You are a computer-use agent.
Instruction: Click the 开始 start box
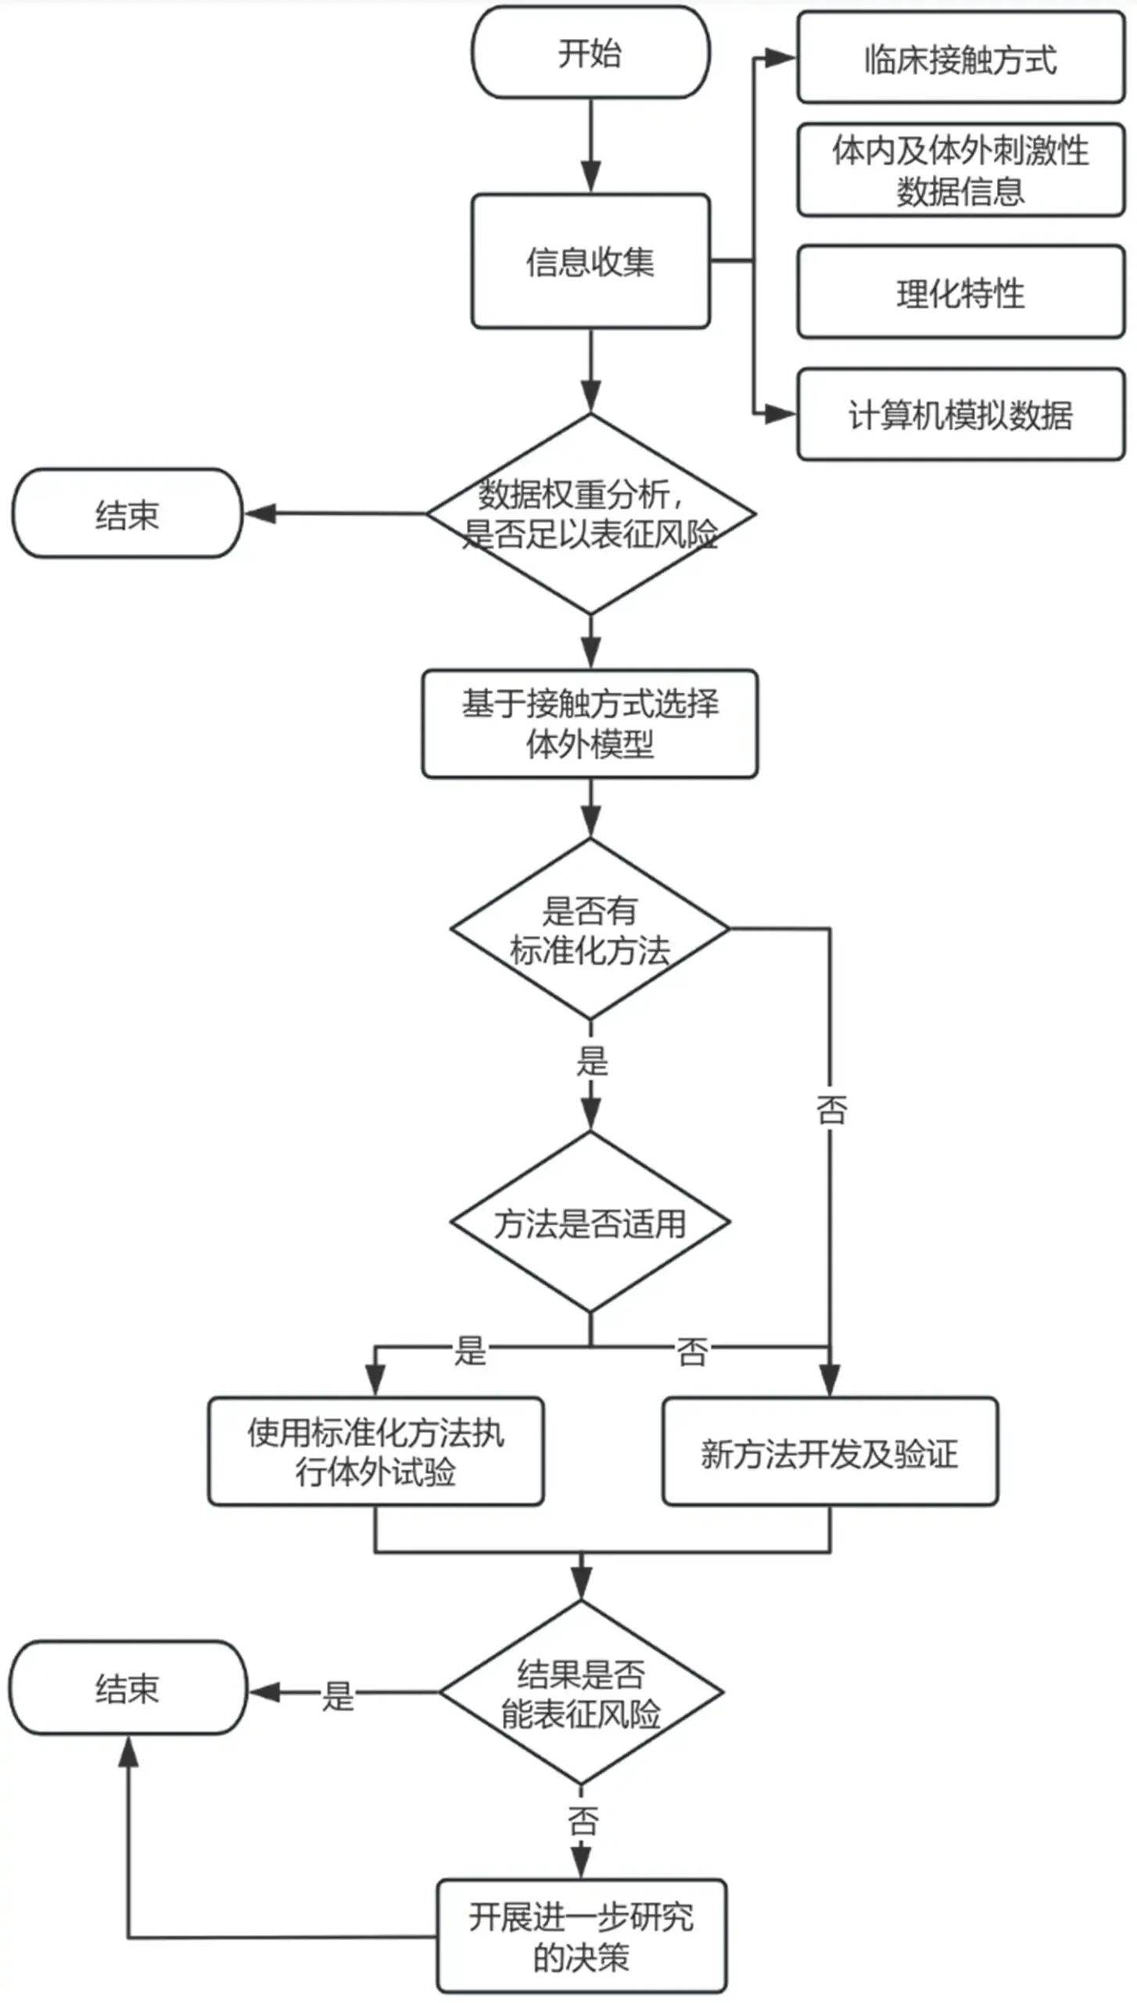590,53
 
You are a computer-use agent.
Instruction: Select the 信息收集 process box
590,261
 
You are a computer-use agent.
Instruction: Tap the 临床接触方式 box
960,59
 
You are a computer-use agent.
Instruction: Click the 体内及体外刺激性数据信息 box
960,170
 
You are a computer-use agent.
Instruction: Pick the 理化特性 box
960,293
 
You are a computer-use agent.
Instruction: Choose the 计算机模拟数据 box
960,415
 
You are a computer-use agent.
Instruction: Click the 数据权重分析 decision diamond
590,514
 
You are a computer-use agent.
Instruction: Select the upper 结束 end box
127,514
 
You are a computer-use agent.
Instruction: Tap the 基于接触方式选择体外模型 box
590,723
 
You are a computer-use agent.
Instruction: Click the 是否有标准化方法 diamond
590,930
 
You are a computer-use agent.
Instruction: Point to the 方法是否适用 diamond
590,1222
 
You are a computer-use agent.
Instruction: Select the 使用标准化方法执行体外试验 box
375,1452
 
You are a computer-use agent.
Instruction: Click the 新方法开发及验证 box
830,1452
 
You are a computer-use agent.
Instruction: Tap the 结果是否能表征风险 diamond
581,1693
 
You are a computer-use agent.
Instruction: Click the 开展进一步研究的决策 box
581,1936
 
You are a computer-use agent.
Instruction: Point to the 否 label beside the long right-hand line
830,1109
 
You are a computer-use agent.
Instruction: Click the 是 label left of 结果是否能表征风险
338,1696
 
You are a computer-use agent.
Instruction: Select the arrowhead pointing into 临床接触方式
779,58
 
